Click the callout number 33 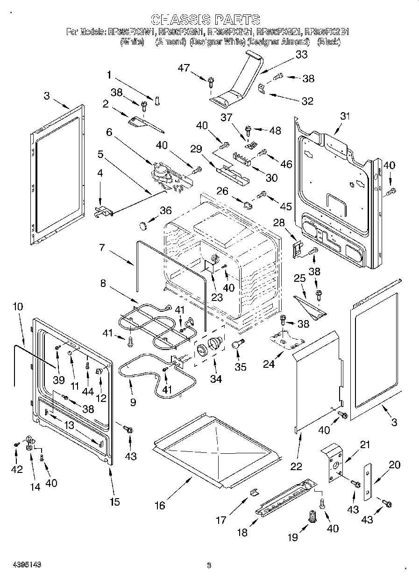302,55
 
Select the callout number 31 344,116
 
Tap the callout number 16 160,505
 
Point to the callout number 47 184,68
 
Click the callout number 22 296,466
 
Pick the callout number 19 292,537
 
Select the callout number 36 166,211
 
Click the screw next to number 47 211,82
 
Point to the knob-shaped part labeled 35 237,344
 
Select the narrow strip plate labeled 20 368,481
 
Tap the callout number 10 18,307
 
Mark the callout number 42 17,469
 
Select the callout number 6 109,132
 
